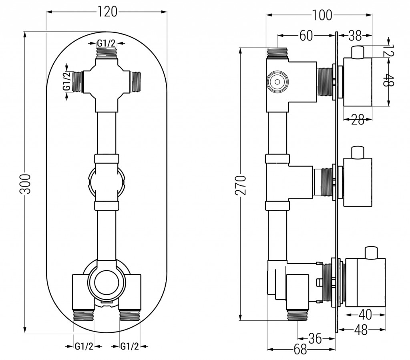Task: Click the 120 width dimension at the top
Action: click(107, 12)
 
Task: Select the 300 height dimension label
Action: click(25, 184)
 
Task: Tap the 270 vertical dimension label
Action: click(241, 185)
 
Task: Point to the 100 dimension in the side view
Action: click(323, 15)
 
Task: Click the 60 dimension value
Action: click(306, 36)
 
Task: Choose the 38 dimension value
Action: click(354, 36)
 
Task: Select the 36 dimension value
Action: click(315, 338)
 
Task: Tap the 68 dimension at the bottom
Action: click(300, 350)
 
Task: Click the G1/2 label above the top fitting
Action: click(106, 42)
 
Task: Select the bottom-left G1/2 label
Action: click(84, 346)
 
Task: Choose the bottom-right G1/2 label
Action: click(130, 346)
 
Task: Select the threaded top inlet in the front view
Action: click(107, 52)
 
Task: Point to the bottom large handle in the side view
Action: click(366, 283)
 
